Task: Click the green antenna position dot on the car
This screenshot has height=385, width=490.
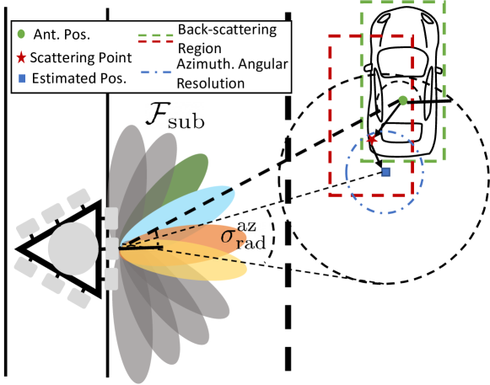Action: (x=403, y=100)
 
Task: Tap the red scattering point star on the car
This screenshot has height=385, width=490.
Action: (x=372, y=140)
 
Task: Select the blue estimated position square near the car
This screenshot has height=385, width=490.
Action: (x=386, y=172)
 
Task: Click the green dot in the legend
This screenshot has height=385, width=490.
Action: (x=21, y=34)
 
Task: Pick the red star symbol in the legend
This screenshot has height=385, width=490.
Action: (x=21, y=58)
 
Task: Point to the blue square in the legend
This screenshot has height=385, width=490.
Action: (x=22, y=79)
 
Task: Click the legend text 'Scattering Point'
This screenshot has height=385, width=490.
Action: (x=81, y=58)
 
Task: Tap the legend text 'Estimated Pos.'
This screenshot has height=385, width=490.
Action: (x=79, y=78)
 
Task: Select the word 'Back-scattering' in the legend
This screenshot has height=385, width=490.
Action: (x=227, y=30)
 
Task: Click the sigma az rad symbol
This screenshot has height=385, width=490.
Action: (x=243, y=236)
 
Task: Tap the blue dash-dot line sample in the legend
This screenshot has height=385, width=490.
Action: (x=156, y=72)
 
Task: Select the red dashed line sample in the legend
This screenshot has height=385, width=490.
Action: (x=155, y=42)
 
